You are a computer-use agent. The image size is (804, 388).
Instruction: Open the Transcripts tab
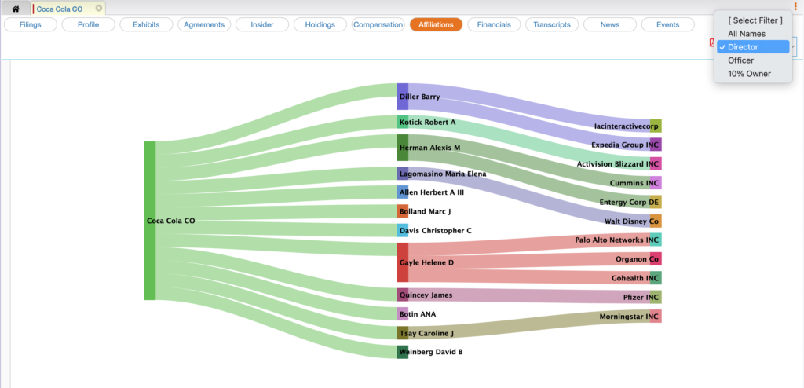click(x=551, y=24)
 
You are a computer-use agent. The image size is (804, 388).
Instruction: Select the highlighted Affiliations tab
click(x=436, y=24)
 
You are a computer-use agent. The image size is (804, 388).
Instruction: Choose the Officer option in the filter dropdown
click(x=740, y=60)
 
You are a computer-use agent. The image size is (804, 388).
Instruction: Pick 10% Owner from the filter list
click(x=749, y=74)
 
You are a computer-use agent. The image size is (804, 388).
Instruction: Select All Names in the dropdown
click(x=746, y=34)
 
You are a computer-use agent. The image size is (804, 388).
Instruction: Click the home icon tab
click(x=16, y=9)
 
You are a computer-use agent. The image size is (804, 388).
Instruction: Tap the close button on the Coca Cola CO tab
click(x=99, y=9)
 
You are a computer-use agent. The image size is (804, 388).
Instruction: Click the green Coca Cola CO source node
click(x=150, y=221)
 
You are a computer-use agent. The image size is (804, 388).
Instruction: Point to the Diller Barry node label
click(x=419, y=97)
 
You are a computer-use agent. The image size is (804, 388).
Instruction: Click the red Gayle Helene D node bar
click(x=402, y=262)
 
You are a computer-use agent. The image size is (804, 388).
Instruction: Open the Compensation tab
click(x=378, y=24)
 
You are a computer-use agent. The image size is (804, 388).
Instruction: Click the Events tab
click(x=667, y=24)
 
